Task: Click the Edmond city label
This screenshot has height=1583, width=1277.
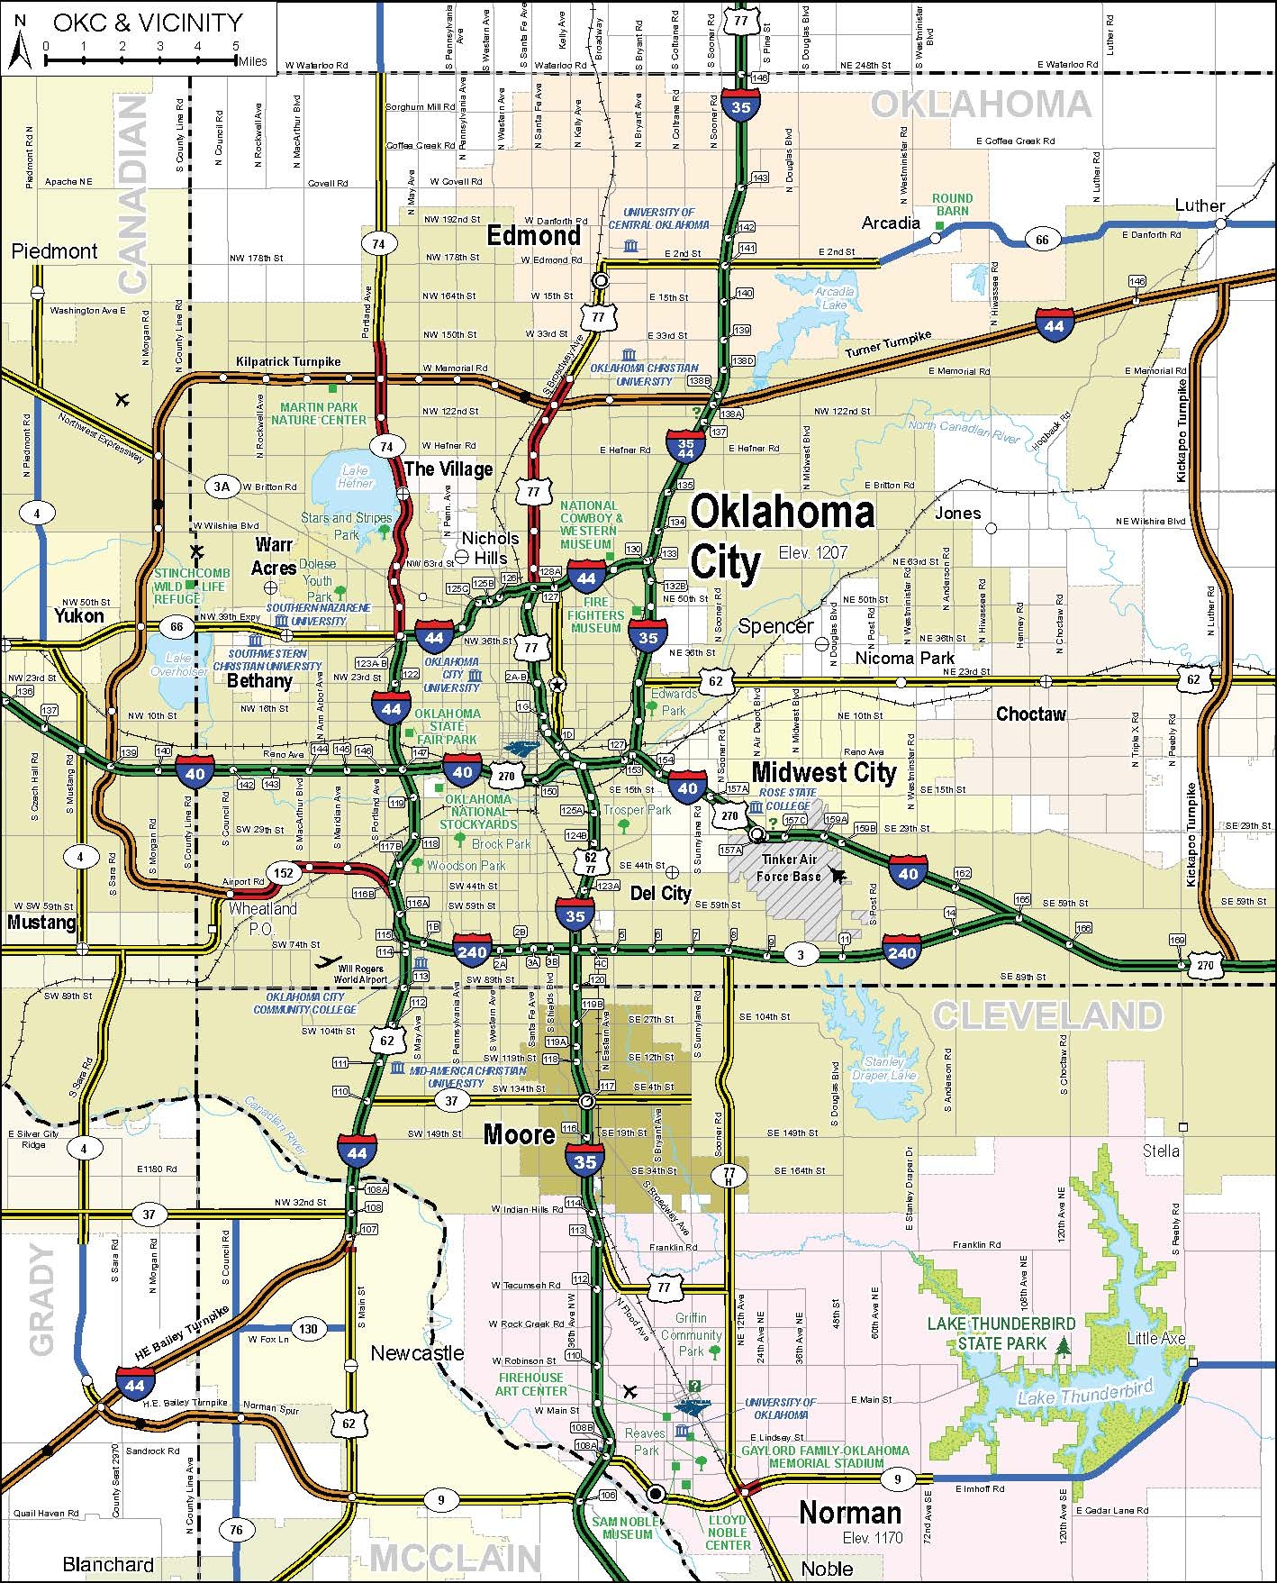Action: coord(534,236)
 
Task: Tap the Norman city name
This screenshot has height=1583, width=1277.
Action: coord(849,1512)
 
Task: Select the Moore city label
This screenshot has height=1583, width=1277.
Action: coord(519,1133)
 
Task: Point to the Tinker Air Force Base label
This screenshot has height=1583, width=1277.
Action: coord(789,868)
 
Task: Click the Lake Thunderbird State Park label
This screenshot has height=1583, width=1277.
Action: coord(1001,1333)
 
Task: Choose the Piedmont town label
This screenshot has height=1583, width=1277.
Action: coord(54,251)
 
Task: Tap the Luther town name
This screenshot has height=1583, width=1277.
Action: coord(1200,205)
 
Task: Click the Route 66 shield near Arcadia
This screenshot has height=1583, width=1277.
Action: coord(1041,239)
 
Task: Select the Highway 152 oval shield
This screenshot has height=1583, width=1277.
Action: coord(284,872)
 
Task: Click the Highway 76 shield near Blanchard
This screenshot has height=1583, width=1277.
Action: coord(236,1530)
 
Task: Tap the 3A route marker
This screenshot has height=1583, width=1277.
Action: coord(222,487)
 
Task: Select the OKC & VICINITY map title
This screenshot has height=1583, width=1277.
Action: coord(147,23)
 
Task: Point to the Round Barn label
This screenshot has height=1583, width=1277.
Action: coord(952,205)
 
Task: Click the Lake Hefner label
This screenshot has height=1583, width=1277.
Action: coord(355,477)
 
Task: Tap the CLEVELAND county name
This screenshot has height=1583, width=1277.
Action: coord(1047,1015)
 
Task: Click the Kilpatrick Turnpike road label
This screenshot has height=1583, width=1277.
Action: coord(288,361)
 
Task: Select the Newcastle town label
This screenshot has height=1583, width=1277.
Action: coord(417,1352)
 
